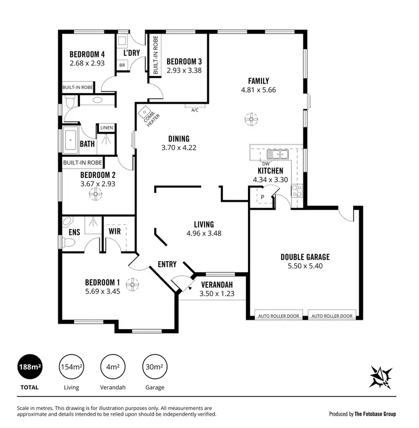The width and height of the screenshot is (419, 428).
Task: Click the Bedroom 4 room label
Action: tap(87, 54)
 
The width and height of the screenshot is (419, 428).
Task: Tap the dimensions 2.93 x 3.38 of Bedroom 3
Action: tap(183, 70)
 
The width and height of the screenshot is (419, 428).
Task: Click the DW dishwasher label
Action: tap(266, 163)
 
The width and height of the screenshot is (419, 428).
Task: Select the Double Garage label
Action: tap(304, 257)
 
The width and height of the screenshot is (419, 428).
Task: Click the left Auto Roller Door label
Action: tap(278, 316)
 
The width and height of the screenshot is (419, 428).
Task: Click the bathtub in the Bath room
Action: tap(71, 140)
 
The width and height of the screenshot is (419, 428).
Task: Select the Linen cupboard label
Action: tap(107, 128)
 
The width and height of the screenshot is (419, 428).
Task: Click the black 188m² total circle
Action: tap(30, 367)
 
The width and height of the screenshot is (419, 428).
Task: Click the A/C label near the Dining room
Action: tap(195, 110)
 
